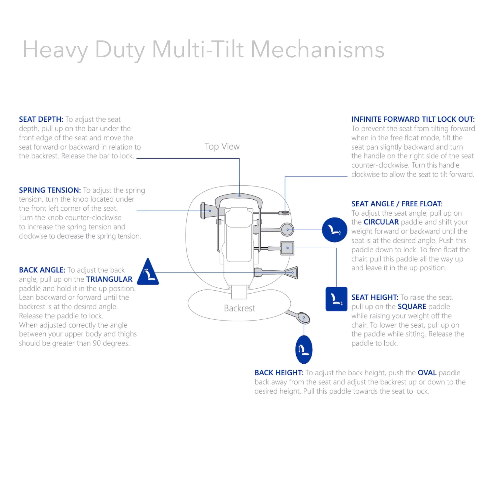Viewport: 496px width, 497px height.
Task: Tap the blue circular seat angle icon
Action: (335, 230)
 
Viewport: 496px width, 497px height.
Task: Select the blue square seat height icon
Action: (336, 299)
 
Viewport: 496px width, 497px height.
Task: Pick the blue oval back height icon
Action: (304, 349)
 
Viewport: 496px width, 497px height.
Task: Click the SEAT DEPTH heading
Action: (41, 119)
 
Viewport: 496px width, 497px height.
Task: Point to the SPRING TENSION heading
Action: (50, 190)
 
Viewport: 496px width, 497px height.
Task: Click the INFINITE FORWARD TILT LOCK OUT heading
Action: (413, 119)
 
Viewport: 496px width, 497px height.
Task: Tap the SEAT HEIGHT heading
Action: (374, 297)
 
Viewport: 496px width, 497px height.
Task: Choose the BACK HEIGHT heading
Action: (279, 373)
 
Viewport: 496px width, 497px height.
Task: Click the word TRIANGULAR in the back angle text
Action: (109, 279)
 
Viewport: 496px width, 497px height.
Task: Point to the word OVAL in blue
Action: (427, 373)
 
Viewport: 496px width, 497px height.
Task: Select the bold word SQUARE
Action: (412, 307)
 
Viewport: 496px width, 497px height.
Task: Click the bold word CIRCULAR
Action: (381, 222)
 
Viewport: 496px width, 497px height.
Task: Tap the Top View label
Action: (222, 147)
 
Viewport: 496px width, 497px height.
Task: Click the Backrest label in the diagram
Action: (239, 308)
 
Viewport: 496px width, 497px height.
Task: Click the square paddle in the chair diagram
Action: (287, 248)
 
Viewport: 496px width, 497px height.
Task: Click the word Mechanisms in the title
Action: (317, 49)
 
